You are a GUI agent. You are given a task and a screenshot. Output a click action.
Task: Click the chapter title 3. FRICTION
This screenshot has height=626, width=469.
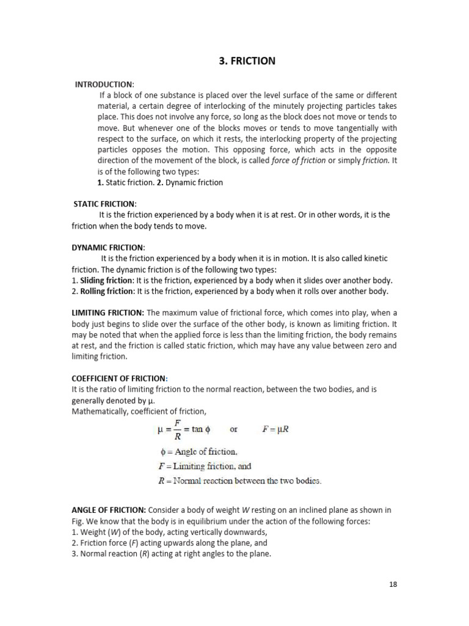coord(247,61)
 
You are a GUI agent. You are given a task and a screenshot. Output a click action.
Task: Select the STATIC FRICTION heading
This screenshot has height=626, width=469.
coord(105,204)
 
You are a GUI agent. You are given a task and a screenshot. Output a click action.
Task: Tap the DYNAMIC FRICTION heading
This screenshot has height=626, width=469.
coord(108,248)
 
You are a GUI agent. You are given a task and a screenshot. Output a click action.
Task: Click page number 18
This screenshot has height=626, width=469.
coord(393,584)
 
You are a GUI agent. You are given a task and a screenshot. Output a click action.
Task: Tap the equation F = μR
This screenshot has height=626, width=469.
coord(276,429)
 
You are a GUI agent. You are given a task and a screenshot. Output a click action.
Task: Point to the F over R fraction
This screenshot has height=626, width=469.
coord(178,430)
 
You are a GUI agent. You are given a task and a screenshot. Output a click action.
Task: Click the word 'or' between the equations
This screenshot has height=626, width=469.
coord(233,429)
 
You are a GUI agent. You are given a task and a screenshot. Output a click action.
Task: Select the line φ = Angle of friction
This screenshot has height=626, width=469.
coord(197,452)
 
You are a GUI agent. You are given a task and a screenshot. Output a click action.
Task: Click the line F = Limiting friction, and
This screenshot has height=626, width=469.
coord(204,466)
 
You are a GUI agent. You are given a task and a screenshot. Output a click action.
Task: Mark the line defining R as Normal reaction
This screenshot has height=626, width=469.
coord(239,481)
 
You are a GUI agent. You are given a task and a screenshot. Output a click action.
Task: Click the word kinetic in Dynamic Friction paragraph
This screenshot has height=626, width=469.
coord(374,259)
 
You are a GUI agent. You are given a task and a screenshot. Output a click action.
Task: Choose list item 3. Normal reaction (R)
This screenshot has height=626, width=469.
coord(171,554)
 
